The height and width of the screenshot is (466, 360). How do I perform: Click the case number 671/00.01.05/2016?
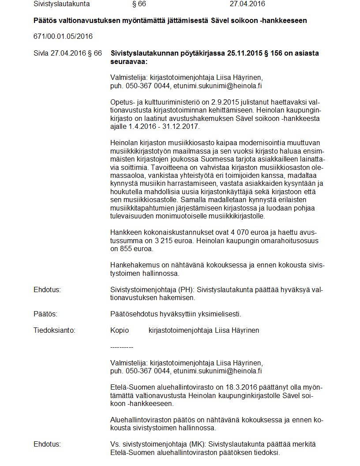tap(63, 36)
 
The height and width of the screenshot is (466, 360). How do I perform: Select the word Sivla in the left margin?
tap(41, 53)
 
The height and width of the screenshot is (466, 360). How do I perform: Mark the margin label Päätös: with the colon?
tap(45, 314)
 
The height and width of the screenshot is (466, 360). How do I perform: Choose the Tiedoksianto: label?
tap(54, 330)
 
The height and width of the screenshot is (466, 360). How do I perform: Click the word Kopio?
tap(120, 330)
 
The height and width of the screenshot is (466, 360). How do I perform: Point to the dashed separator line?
tap(122, 347)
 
